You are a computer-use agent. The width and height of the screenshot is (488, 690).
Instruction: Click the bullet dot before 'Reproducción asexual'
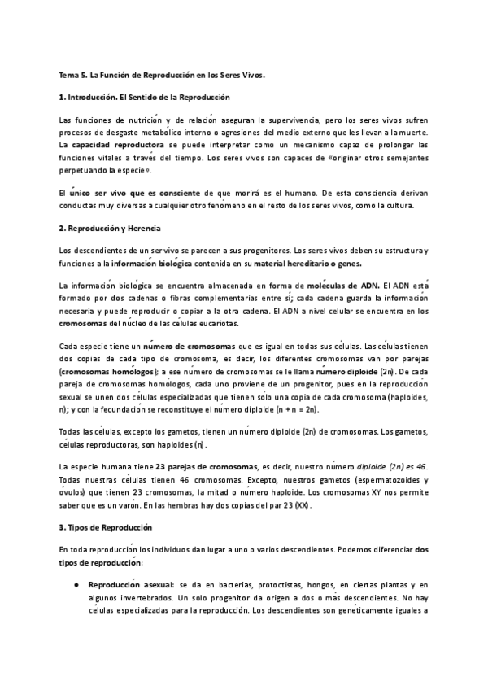(74, 585)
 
